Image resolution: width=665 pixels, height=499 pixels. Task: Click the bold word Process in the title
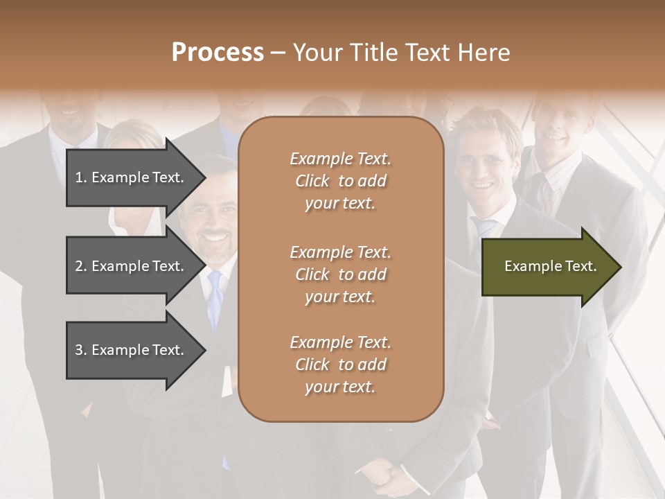[x=218, y=53]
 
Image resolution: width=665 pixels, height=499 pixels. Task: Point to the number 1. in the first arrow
[x=81, y=177]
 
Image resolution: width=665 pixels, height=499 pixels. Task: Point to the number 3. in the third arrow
[x=81, y=350]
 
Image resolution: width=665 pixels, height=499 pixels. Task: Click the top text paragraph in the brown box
[x=340, y=181]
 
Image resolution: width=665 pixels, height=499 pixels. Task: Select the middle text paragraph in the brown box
[x=340, y=274]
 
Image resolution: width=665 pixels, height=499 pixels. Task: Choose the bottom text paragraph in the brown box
[x=340, y=365]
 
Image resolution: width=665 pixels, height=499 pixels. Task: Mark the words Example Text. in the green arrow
[x=551, y=266]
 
